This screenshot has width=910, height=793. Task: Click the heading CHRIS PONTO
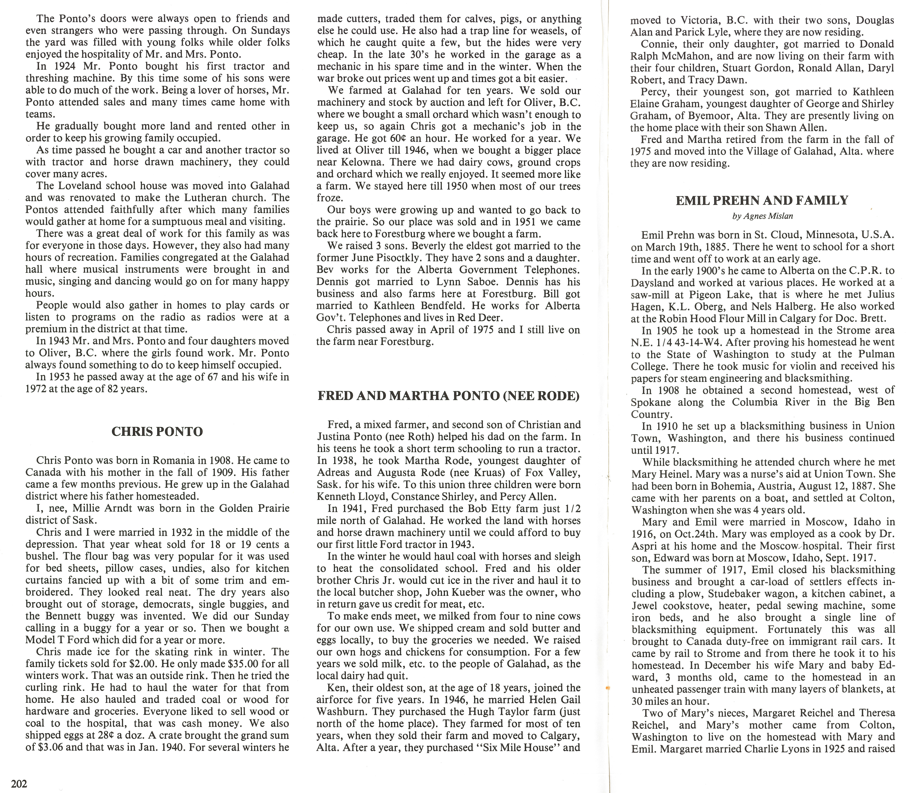157,431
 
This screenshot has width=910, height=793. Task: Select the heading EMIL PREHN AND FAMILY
762,200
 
